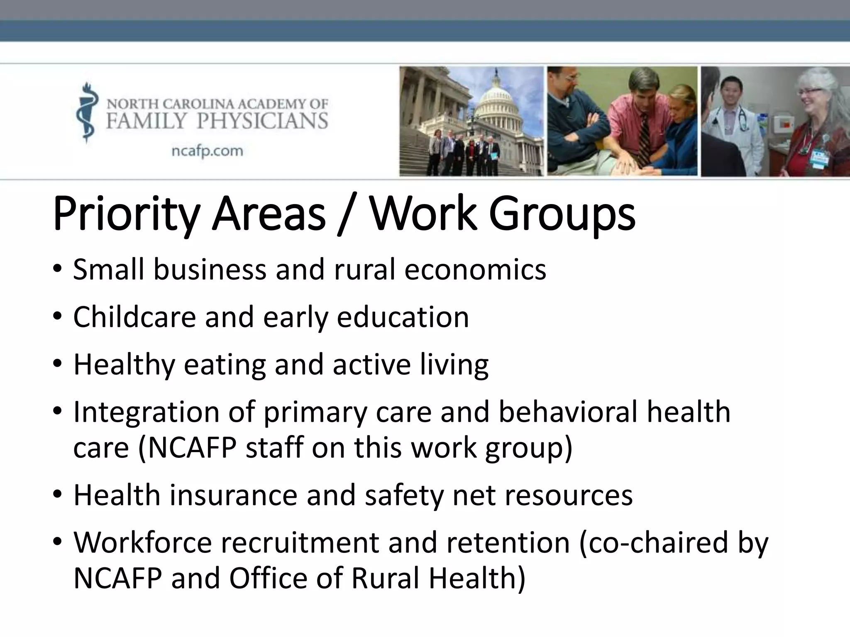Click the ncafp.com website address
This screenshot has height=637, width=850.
tap(208, 151)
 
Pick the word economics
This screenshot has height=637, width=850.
tap(475, 270)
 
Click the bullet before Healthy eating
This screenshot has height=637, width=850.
tap(57, 364)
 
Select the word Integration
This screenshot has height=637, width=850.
tap(147, 413)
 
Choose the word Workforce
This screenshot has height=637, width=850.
tap(143, 543)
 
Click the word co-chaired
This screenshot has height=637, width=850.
tap(653, 543)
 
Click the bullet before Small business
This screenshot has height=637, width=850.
tap(57, 269)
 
